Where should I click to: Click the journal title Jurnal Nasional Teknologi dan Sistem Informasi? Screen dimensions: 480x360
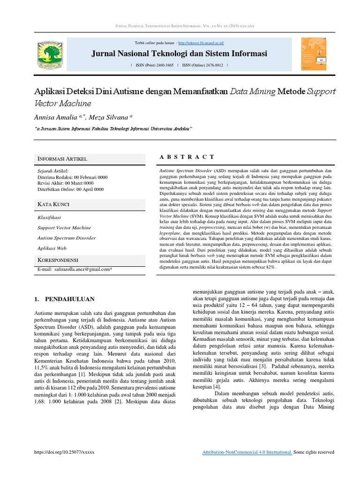click(179, 53)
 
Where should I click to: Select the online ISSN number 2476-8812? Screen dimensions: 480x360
click(211, 65)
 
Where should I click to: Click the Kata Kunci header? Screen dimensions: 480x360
click(55, 204)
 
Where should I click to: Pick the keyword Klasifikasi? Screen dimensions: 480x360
click(49, 217)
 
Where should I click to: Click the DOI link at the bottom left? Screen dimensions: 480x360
click(65, 452)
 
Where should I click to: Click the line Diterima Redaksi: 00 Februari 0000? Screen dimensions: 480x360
click(72, 177)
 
